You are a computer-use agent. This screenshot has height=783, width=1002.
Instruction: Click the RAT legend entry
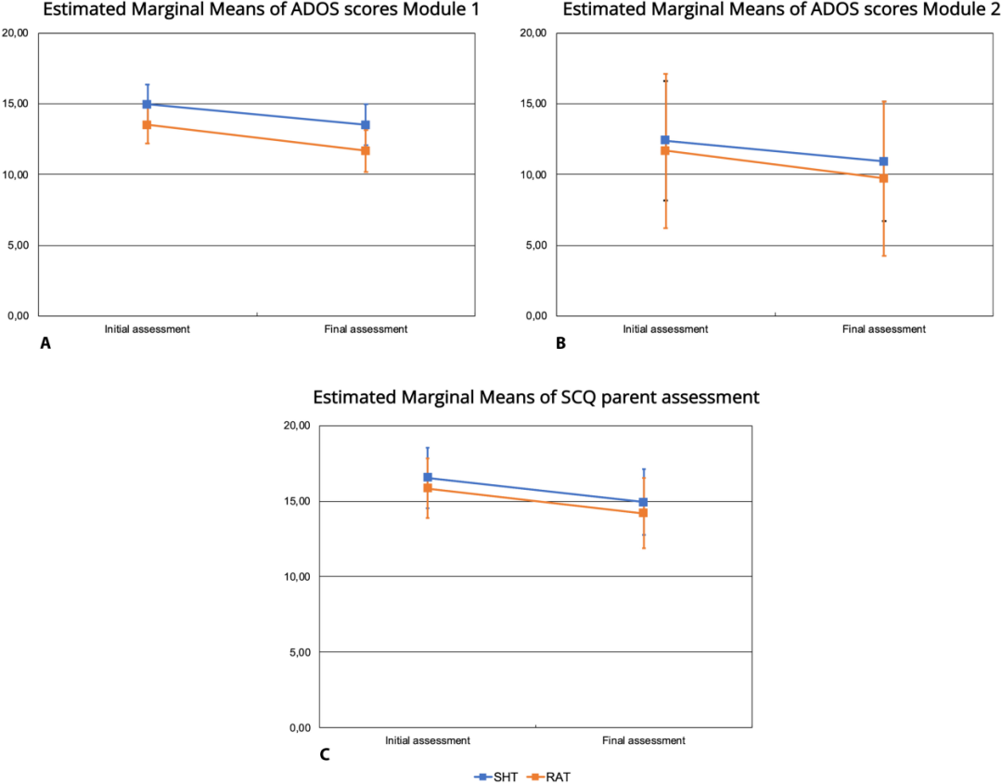point(545,776)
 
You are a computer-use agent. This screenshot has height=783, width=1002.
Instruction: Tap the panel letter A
point(44,343)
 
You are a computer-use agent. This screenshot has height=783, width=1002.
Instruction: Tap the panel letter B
point(560,343)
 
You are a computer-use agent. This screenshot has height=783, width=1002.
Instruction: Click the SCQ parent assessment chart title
point(536,397)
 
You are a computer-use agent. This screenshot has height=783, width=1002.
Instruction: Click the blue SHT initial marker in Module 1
point(147,104)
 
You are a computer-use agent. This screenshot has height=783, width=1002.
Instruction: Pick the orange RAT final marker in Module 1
point(366,150)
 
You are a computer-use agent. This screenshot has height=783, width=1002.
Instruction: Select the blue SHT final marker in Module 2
point(884,161)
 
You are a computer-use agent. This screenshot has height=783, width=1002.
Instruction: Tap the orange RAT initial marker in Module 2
point(664,150)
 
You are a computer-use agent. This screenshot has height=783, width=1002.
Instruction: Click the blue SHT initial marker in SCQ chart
point(428,478)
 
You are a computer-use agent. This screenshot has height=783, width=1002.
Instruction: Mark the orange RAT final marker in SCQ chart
point(643,513)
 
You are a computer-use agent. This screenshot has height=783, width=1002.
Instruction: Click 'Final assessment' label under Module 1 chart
point(366,329)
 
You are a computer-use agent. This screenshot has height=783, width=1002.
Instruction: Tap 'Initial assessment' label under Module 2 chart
point(665,329)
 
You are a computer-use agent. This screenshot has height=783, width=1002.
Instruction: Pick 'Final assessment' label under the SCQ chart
point(643,740)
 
